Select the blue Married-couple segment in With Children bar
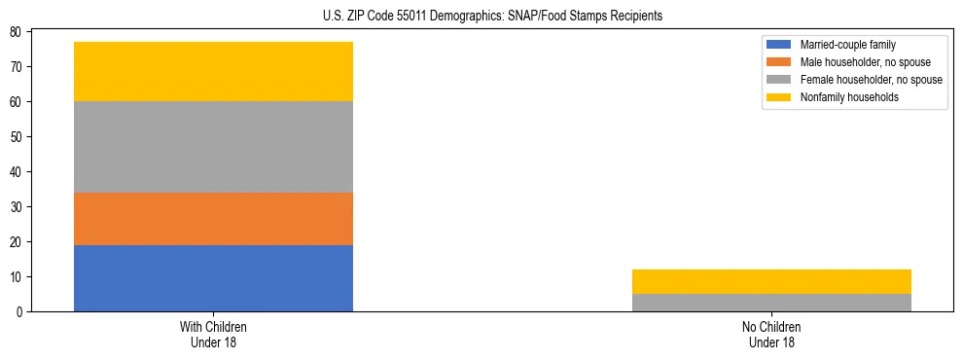pos(213,278)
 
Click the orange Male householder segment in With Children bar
pos(213,219)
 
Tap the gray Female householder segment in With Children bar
pos(213,147)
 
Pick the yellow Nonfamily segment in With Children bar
pos(213,71)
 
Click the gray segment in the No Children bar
pos(771,303)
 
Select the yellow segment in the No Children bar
pos(771,281)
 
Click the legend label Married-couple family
pos(847,45)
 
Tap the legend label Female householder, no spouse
pos(871,80)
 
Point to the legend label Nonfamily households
pos(849,97)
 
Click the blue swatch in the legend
pos(779,45)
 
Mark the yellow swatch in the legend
pos(779,97)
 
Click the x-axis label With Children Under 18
pos(213,334)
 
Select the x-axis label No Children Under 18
pos(771,334)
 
